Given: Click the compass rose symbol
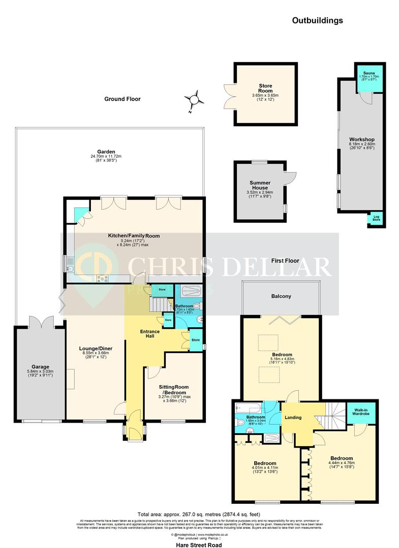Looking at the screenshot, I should click(x=194, y=99).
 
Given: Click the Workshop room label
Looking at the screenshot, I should click(x=362, y=140).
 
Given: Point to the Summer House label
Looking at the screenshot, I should click(x=260, y=186).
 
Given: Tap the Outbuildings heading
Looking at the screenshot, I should click(x=317, y=21).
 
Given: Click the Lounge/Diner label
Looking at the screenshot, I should click(x=96, y=349).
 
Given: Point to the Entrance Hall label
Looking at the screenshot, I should click(x=150, y=334).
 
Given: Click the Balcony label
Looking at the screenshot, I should click(x=281, y=296).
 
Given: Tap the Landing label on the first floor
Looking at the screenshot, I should click(x=293, y=418).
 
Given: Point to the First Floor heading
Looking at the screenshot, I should click(x=284, y=261).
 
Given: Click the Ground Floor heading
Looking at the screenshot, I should click(x=122, y=99).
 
